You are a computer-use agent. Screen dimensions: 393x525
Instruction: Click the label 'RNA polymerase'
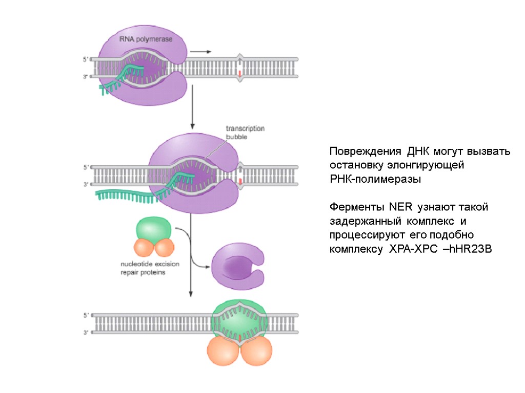146,39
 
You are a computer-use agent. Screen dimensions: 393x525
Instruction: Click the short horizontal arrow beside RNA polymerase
200,52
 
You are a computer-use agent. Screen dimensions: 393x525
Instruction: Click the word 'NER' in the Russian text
401,208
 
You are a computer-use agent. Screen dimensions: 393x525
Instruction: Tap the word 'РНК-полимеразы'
375,180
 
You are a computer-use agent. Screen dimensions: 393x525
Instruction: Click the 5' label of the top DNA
86,59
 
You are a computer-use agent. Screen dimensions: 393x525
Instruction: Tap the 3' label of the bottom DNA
86,332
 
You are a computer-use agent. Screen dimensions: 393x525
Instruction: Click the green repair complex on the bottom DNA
239,320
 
